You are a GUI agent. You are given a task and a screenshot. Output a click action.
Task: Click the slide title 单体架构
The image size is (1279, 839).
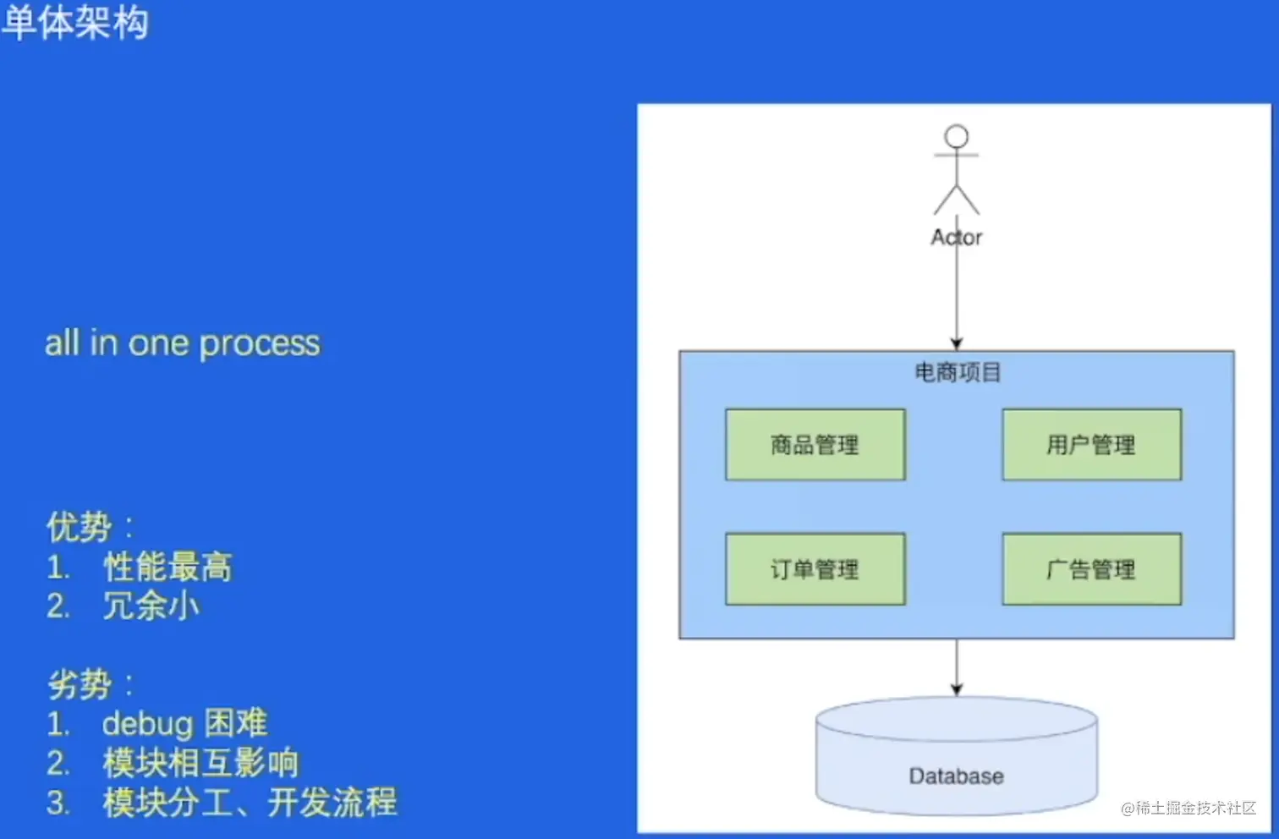coord(75,22)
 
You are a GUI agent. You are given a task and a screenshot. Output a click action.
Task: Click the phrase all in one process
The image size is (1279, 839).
coord(183,343)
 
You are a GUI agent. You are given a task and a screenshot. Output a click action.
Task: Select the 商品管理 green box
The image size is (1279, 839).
coord(815,445)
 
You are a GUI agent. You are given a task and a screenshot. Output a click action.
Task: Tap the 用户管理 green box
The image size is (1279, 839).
coord(1091,445)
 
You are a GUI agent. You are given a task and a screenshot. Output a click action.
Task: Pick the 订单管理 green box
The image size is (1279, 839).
coord(815,569)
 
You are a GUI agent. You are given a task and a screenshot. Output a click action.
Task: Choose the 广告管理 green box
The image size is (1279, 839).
coord(1091,569)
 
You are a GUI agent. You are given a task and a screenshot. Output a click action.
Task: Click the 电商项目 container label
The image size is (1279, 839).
coord(958,372)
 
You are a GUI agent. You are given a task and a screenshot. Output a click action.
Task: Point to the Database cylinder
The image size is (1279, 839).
coord(957,761)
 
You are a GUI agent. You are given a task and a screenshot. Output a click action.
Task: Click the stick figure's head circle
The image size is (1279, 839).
coord(957,136)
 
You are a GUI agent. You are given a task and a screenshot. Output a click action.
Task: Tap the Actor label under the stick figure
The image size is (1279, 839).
coord(957,238)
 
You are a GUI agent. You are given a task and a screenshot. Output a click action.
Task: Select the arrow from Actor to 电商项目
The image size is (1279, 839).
coord(957,296)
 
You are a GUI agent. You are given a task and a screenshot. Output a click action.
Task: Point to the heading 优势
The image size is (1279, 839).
coord(80,527)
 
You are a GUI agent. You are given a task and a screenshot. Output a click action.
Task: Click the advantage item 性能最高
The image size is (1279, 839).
coord(167,567)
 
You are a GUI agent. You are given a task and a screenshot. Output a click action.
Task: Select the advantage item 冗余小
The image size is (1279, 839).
coord(151,606)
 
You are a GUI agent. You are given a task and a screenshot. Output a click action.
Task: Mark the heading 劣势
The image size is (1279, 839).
coord(80,684)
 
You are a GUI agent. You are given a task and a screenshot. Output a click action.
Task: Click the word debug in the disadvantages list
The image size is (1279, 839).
coord(148,724)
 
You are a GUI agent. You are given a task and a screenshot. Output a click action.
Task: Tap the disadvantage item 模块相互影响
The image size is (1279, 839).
coord(200,763)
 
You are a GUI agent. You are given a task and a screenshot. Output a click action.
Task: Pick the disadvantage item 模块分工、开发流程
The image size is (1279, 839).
coord(250,803)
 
